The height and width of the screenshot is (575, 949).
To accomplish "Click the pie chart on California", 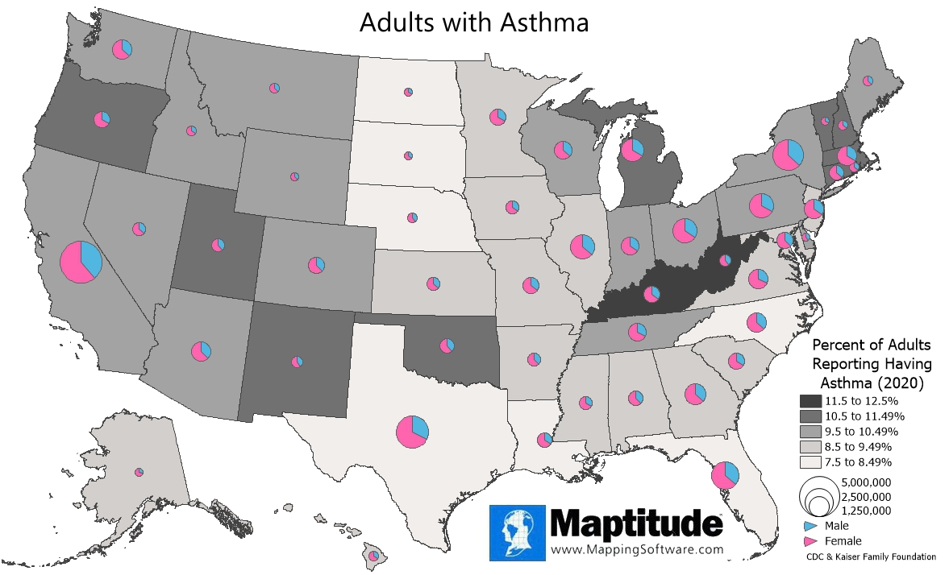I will pyautogui.click(x=81, y=262).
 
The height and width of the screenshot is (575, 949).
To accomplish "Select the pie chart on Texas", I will pyautogui.click(x=412, y=432).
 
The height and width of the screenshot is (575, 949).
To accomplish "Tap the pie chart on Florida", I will pyautogui.click(x=725, y=475).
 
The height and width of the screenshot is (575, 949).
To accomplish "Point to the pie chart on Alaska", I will pyautogui.click(x=139, y=472).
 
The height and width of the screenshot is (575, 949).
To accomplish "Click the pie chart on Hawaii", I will pyautogui.click(x=373, y=556).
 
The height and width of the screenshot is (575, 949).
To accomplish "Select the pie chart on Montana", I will pyautogui.click(x=275, y=87).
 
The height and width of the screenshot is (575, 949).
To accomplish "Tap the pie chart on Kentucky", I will pyautogui.click(x=651, y=294).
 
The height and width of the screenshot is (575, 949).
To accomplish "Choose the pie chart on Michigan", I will pyautogui.click(x=632, y=149).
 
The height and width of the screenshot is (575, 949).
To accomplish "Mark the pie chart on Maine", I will pyautogui.click(x=868, y=81).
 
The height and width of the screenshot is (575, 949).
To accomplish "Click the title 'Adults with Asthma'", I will pyautogui.click(x=474, y=23).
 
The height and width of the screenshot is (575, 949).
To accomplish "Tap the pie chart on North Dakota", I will pyautogui.click(x=408, y=93).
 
